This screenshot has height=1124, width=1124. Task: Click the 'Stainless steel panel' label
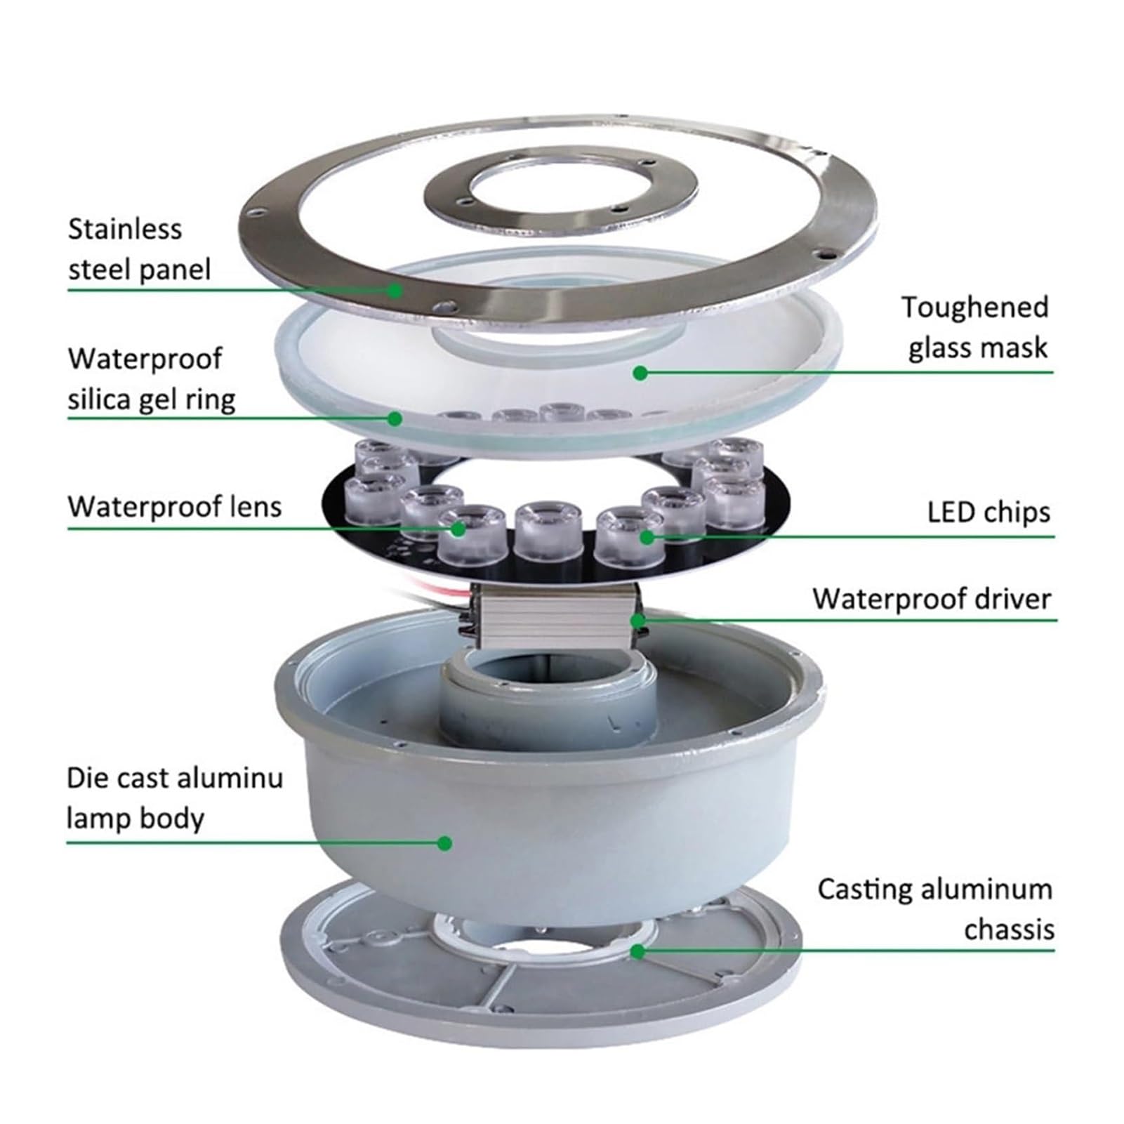coord(139,249)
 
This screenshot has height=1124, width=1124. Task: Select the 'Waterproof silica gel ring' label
coord(152,379)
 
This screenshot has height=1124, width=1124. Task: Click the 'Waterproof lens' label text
coord(175,506)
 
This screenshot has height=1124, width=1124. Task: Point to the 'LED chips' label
coord(989,512)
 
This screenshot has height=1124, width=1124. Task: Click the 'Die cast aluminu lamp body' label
coord(175,798)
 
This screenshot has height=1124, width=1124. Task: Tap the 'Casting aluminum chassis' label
coord(935,908)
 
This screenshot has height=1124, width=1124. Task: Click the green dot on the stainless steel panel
coord(396,289)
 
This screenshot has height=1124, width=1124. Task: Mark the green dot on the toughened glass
coord(640,373)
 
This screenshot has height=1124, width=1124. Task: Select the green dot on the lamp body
coord(444,842)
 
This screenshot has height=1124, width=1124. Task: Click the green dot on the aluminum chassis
coord(637,951)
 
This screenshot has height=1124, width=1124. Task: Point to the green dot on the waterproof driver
coord(637,621)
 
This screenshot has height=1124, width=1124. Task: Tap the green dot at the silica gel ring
coord(395,418)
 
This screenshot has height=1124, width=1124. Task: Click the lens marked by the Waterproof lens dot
coord(471,534)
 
